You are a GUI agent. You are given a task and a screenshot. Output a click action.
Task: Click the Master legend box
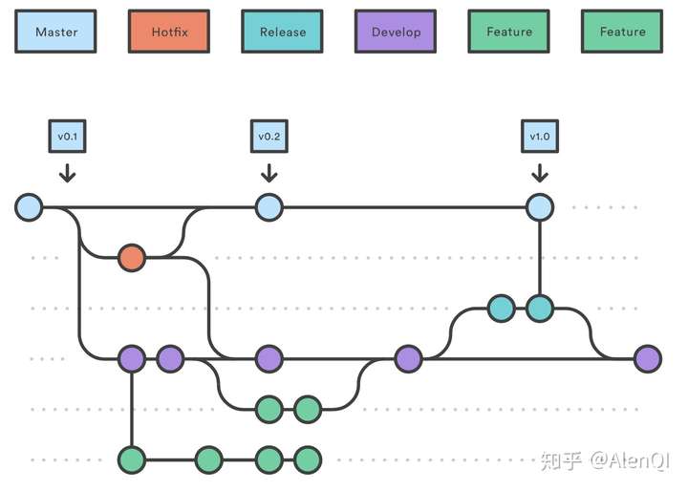(55, 32)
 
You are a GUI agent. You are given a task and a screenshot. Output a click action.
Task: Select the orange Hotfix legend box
(169, 32)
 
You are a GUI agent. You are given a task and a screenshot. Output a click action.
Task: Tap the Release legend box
(282, 32)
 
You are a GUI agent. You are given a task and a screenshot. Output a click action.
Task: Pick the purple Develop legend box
(396, 32)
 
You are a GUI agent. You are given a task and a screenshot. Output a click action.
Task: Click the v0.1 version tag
(67, 136)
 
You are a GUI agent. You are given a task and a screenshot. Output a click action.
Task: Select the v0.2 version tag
(269, 136)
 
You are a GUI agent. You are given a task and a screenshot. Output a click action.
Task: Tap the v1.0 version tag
(540, 136)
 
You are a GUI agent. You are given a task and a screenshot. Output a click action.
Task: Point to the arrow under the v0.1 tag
(67, 173)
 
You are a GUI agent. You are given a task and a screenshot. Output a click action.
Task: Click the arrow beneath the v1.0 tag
(540, 173)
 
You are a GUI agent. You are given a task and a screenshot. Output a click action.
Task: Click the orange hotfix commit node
(132, 258)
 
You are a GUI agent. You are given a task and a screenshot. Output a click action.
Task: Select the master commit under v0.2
(269, 207)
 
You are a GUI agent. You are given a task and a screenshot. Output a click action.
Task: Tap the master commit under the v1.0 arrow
(540, 207)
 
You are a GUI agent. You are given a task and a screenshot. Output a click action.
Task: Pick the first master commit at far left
(29, 207)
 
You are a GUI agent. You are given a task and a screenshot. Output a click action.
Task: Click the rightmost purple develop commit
(648, 359)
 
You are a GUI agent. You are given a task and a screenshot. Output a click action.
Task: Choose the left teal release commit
(502, 309)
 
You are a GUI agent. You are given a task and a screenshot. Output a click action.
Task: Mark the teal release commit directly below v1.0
(540, 309)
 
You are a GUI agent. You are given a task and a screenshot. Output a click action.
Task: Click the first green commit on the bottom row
(132, 459)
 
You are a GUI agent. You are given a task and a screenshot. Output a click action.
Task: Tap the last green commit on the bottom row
(308, 459)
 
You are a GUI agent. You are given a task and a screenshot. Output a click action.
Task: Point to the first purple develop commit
(132, 359)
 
